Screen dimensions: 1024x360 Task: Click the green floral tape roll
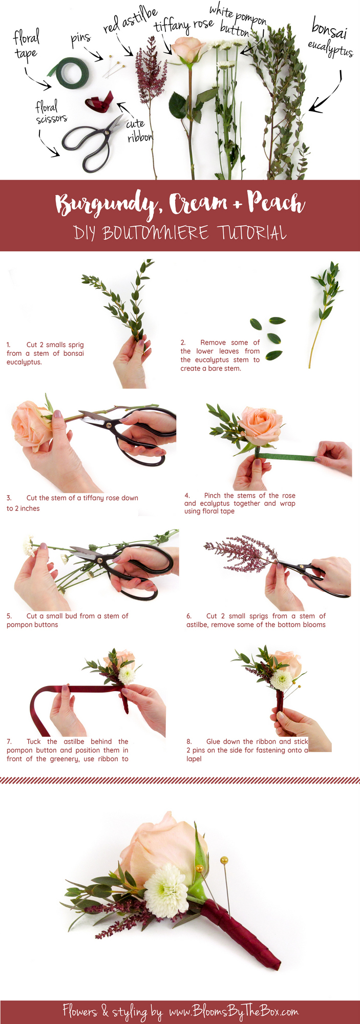click(x=70, y=73)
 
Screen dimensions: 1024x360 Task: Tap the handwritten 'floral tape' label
click(x=26, y=45)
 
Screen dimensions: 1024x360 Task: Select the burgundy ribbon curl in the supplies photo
click(x=99, y=102)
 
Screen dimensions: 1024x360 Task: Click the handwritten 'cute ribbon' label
click(x=138, y=130)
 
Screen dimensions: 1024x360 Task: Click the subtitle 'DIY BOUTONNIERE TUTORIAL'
click(x=180, y=233)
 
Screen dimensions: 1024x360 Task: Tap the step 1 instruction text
click(x=45, y=353)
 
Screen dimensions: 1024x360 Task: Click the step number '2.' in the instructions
click(x=183, y=343)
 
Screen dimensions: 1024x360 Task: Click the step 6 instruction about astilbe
click(x=256, y=620)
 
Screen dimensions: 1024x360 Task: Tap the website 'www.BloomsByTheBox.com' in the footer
click(x=233, y=1011)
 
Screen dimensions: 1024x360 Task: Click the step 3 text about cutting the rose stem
click(x=72, y=502)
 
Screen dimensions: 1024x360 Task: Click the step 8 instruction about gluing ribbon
click(x=248, y=750)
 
